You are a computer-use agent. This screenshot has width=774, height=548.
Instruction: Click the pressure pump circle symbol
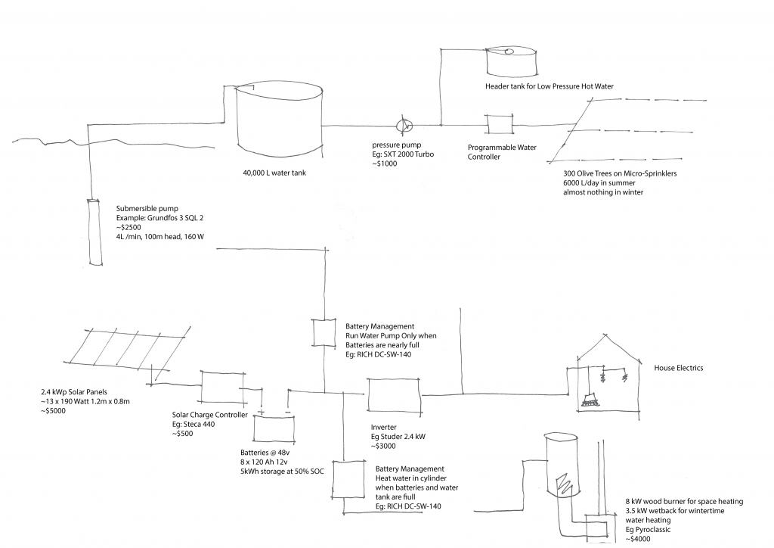pyautogui.click(x=404, y=125)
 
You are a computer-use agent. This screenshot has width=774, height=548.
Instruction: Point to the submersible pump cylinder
pyautogui.click(x=94, y=232)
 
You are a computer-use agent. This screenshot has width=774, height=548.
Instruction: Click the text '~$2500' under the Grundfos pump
pyautogui.click(x=127, y=227)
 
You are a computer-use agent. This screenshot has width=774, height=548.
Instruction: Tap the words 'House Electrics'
pyautogui.click(x=679, y=368)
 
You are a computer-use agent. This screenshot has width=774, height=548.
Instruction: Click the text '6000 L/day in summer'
pyautogui.click(x=599, y=183)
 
